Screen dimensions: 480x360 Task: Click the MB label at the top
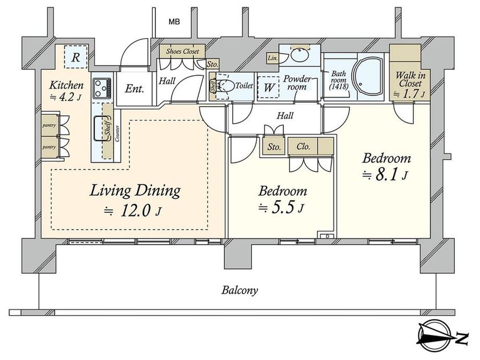coord(174,22)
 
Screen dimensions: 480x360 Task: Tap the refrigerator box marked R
coord(76,57)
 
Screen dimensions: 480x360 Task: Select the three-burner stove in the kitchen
coord(102,88)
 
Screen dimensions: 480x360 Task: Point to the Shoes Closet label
coord(183,51)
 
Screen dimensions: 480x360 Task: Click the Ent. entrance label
coord(135,89)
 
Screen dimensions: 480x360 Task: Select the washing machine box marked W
coord(269,88)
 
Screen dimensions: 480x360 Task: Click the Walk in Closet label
coord(410,80)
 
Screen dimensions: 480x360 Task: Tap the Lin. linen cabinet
coord(272,58)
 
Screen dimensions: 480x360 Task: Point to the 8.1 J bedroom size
coord(385,175)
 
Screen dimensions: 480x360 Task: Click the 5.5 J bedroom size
coord(281,208)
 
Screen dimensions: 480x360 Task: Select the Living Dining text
coord(135,190)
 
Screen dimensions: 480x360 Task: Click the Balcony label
coord(239,290)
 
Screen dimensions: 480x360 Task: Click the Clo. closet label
coord(303,146)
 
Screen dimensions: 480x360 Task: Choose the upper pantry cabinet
coord(49,125)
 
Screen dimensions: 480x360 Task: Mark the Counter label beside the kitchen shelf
coord(117,134)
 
